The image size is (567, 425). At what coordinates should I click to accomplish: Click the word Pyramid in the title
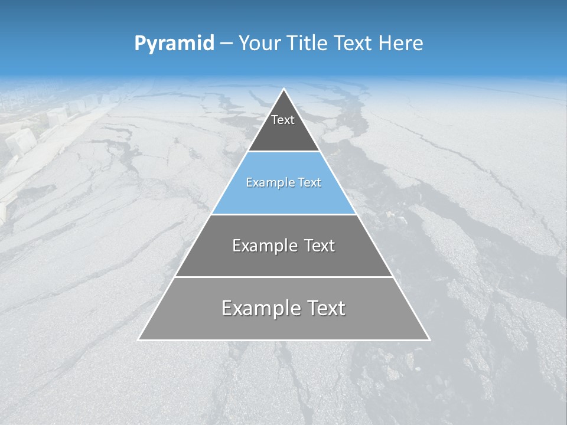point(174,44)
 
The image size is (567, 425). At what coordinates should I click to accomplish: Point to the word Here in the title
point(400,44)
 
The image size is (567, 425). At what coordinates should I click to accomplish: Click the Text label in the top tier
point(283,120)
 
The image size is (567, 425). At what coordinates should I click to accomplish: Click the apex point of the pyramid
point(284,89)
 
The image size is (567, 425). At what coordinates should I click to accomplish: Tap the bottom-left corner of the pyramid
point(139,339)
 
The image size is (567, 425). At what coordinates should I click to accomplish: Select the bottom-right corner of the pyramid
point(429,339)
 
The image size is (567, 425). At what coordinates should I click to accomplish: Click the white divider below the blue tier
point(283,214)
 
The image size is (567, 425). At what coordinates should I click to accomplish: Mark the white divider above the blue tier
point(283,152)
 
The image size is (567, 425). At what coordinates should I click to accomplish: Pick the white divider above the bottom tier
point(283,277)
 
